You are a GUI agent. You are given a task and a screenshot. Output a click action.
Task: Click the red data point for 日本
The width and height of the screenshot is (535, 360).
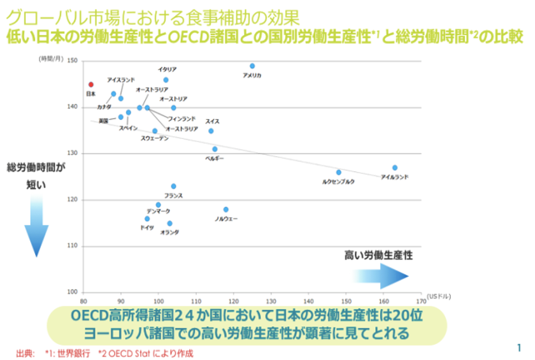(91, 84)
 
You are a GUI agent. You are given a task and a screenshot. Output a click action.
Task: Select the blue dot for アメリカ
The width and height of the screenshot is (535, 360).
(252, 66)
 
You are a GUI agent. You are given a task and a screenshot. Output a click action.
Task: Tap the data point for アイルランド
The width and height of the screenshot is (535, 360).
(395, 168)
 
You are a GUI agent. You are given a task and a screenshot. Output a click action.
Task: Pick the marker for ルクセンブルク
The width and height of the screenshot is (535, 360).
(339, 172)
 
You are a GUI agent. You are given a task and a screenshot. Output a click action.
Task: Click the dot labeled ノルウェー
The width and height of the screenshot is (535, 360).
(226, 209)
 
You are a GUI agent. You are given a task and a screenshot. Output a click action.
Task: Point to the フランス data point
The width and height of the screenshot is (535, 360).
(173, 186)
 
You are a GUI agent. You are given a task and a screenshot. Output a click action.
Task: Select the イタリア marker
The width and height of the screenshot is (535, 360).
(166, 80)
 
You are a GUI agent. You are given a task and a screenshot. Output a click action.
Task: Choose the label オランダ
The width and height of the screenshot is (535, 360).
(169, 233)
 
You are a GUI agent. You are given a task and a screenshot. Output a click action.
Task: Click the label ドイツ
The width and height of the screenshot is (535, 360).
(147, 227)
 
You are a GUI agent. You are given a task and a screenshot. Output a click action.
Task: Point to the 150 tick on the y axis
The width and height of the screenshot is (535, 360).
(72, 61)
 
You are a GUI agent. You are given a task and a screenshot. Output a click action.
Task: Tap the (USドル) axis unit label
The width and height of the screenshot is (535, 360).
(439, 296)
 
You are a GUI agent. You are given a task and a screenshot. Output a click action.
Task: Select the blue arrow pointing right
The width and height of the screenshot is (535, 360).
(381, 275)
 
